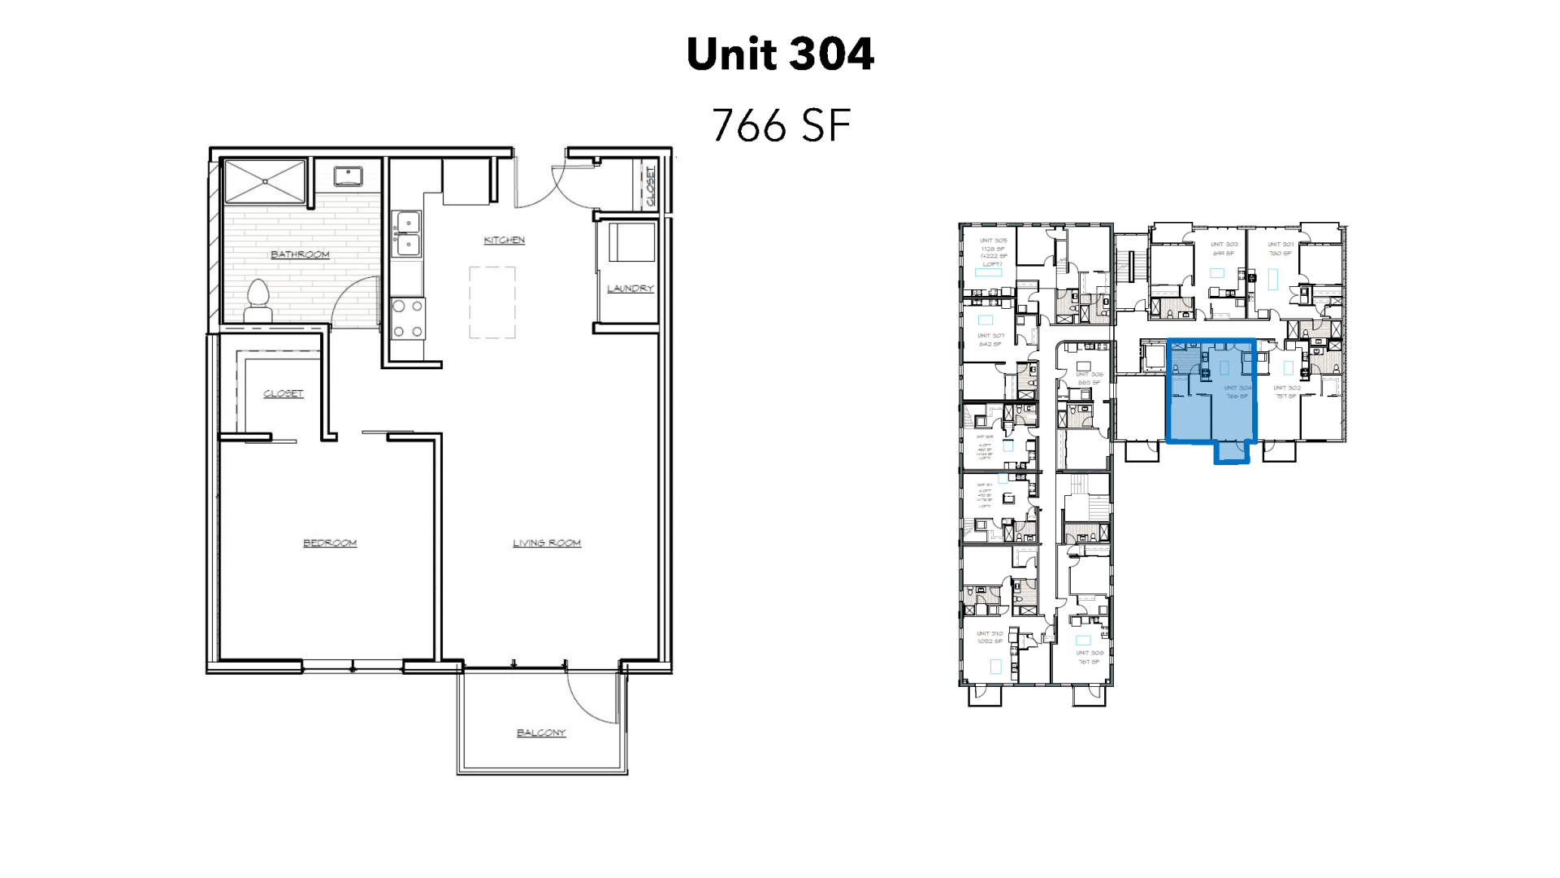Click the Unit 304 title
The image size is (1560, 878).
pos(780,54)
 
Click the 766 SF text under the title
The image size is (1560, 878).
pos(781,125)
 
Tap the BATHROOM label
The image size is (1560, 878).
pos(300,254)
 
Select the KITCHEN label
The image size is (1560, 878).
pos(504,240)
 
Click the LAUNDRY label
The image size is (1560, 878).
pos(630,289)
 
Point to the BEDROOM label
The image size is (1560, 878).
pos(330,543)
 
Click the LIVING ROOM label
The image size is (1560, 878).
pos(547,543)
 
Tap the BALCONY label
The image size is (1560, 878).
pos(541,732)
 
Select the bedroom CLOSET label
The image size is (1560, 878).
pos(284,393)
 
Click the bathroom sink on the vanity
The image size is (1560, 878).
pos(349,176)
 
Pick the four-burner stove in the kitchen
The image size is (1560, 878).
pos(408,319)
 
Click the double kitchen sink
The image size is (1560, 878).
pos(407,233)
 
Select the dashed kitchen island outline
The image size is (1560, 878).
pos(492,302)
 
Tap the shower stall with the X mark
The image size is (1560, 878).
pos(265,181)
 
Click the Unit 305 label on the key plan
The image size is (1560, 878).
pos(993,241)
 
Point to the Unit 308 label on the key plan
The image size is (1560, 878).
pos(1090,653)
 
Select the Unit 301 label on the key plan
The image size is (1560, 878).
pos(1280,244)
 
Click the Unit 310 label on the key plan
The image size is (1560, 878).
pos(990,633)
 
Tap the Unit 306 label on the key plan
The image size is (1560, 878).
pos(1089,375)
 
